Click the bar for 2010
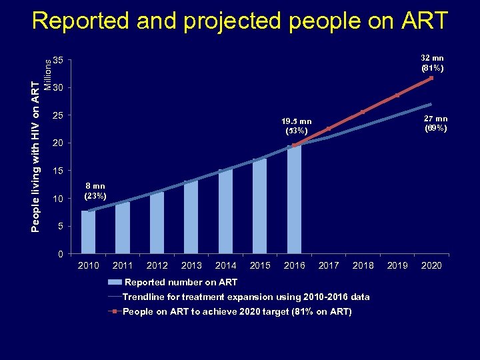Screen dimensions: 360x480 tap(88, 231)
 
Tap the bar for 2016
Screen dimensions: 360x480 tap(294, 200)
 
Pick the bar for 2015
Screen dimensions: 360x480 tap(260, 206)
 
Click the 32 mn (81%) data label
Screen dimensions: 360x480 tap(432, 63)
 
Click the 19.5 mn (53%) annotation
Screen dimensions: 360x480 tap(296, 126)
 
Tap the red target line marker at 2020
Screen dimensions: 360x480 tap(431, 78)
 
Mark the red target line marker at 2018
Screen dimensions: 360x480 tap(363, 112)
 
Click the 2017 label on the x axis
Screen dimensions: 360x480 tap(329, 265)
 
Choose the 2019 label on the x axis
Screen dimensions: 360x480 tap(397, 265)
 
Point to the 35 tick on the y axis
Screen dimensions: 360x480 tap(59, 61)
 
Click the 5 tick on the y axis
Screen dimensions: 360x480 tap(61, 227)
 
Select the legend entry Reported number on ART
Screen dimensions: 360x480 tap(181, 282)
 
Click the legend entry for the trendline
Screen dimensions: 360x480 tap(245, 297)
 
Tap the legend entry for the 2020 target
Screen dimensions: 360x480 tap(237, 311)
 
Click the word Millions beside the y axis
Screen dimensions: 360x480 tap(48, 72)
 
